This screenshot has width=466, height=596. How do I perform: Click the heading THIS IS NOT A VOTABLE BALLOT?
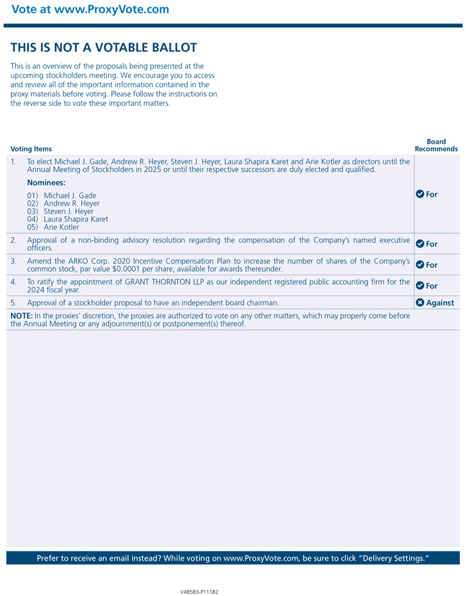(104, 47)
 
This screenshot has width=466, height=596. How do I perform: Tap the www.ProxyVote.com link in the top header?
(112, 9)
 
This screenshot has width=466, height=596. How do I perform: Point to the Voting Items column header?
(31, 149)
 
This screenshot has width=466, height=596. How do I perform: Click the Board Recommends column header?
(436, 146)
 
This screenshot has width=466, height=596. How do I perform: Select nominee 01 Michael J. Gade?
(62, 196)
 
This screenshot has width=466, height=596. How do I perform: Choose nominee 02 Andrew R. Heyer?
(63, 204)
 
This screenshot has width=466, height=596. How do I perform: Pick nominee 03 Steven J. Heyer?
(60, 211)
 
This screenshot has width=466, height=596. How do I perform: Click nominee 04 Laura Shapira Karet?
(67, 219)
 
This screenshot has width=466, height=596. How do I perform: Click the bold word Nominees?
(46, 183)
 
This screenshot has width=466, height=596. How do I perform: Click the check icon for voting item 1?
(420, 194)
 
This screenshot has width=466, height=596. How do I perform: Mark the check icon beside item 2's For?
(420, 244)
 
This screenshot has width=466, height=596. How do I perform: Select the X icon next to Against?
(420, 303)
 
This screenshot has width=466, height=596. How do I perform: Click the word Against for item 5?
(440, 303)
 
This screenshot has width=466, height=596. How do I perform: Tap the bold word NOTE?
(22, 316)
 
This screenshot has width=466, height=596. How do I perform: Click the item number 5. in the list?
(14, 303)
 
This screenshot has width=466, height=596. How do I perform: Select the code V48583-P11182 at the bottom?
(199, 591)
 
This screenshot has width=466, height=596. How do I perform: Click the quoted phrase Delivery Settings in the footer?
(392, 558)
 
